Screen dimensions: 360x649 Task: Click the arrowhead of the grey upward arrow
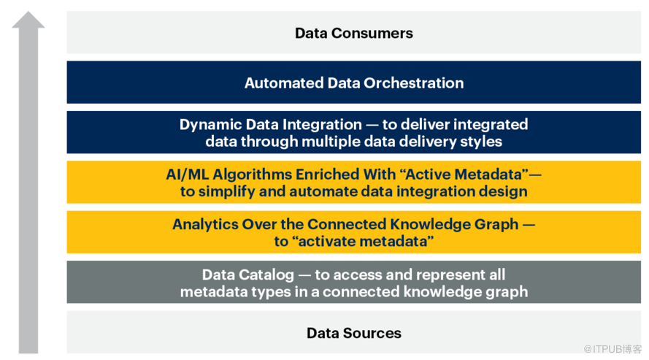28,20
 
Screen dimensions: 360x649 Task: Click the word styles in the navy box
483,141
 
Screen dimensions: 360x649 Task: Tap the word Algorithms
250,175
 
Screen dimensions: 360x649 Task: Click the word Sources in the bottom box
374,333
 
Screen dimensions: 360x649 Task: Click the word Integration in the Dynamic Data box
320,124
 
